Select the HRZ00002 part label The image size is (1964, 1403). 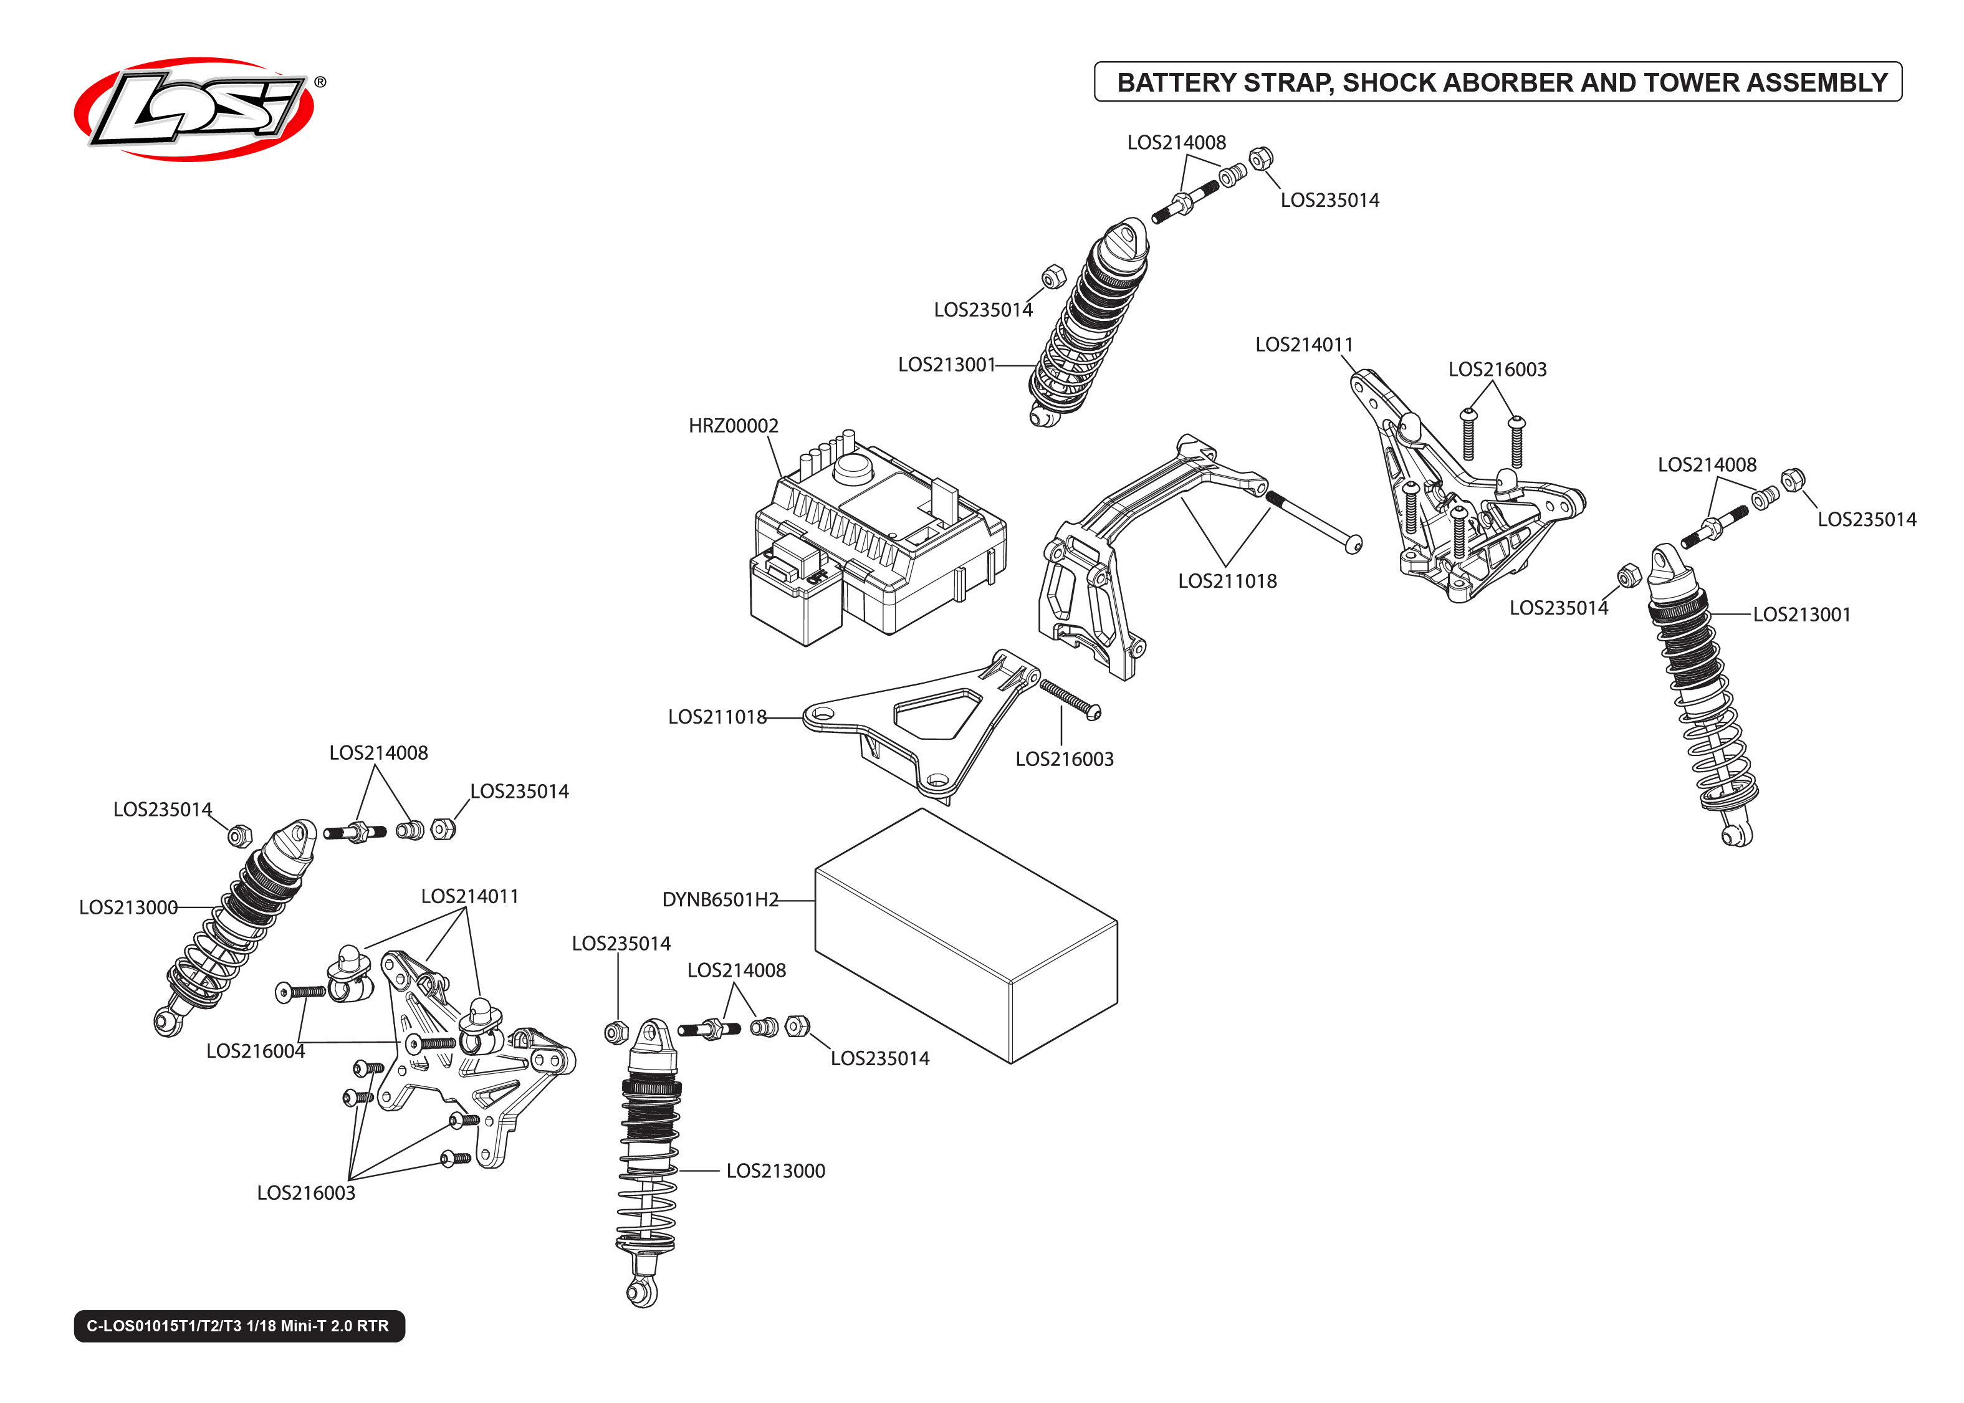tap(732, 426)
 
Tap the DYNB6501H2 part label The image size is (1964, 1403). tap(719, 899)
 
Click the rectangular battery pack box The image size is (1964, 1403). tap(965, 937)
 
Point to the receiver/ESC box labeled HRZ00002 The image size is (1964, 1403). tap(873, 544)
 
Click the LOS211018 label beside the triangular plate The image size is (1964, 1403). tap(717, 716)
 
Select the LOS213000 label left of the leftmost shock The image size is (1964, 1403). tap(128, 907)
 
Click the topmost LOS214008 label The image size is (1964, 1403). tap(1176, 143)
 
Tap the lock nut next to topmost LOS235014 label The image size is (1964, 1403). tap(1260, 158)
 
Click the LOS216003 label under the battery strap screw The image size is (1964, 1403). tap(1063, 759)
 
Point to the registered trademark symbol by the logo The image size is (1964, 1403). tap(320, 82)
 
